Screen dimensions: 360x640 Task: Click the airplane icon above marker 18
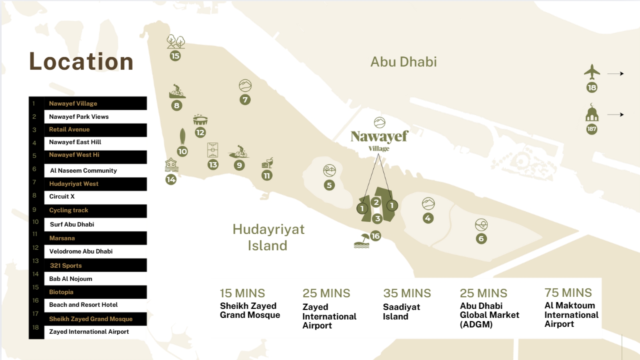[x=592, y=72]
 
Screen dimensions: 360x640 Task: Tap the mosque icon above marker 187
[x=592, y=113]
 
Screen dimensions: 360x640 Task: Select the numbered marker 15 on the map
[x=175, y=56]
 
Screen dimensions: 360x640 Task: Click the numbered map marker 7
[x=245, y=100]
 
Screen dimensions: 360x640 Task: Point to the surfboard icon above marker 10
[x=182, y=136]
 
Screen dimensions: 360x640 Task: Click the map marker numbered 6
[x=481, y=239]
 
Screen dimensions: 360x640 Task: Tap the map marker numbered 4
[x=428, y=218]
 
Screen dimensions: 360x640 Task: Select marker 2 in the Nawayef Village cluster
[x=376, y=202]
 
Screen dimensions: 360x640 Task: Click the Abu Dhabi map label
[x=403, y=62]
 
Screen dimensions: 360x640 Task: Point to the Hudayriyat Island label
[x=268, y=237]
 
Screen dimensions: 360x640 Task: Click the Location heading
[x=81, y=62]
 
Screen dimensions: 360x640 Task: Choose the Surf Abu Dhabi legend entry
[x=72, y=224]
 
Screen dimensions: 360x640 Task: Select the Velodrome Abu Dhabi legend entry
[x=81, y=251]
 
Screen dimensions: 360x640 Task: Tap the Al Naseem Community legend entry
[x=83, y=171]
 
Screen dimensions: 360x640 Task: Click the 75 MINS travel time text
[x=568, y=293]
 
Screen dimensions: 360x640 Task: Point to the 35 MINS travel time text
[x=407, y=293]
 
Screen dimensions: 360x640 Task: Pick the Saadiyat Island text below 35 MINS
[x=401, y=312]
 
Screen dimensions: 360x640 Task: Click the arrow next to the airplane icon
[x=615, y=74]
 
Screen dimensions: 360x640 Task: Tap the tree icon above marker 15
[x=175, y=42]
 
